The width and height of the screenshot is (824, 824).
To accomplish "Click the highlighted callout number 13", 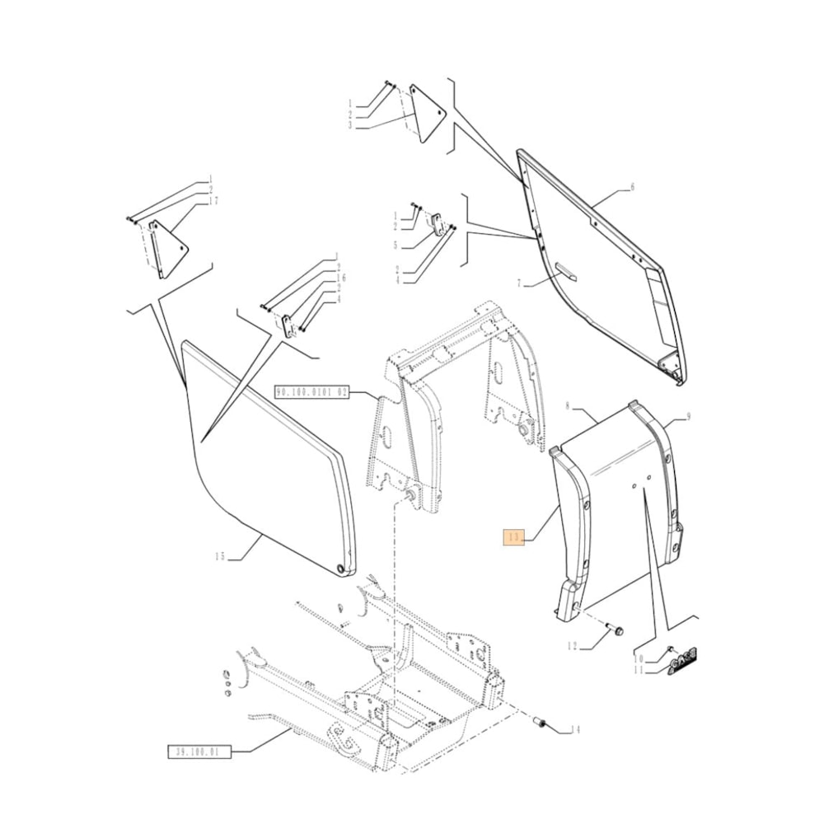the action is tap(515, 538).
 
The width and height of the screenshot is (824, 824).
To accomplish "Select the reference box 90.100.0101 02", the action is tap(312, 393).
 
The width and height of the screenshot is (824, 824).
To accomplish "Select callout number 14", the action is tap(574, 729).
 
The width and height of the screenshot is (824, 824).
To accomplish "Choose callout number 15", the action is tap(219, 557).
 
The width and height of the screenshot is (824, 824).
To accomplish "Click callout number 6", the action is tap(633, 188).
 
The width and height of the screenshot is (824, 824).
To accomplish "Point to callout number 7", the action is tap(520, 283).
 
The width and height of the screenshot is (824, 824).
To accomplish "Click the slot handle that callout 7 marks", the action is tap(568, 269).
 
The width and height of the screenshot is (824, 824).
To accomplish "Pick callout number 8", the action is tap(567, 405).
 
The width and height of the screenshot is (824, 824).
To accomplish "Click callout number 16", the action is tap(343, 279).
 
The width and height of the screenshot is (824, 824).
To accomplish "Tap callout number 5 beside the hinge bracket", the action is tap(396, 245).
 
